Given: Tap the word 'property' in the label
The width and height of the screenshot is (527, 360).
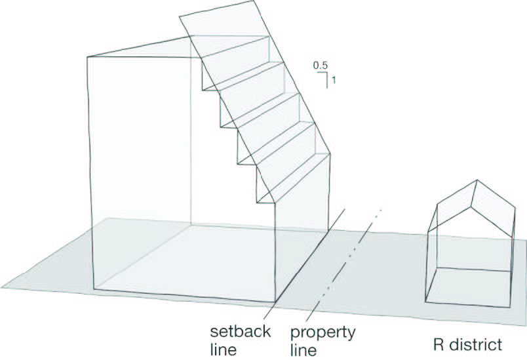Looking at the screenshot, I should tap(323, 331).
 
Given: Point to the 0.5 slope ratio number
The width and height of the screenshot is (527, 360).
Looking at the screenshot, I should tap(320, 66).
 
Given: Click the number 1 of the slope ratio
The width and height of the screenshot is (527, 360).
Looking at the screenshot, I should tap(334, 81).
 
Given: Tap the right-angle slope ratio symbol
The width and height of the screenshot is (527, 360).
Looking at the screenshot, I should tap(324, 78).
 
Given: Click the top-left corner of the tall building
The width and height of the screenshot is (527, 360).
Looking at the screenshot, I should tap(88, 58).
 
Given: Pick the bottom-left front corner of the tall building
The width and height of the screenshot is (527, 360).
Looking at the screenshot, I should tap(96, 289).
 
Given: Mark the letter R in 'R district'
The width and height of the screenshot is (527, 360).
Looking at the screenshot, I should tap(439, 344).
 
